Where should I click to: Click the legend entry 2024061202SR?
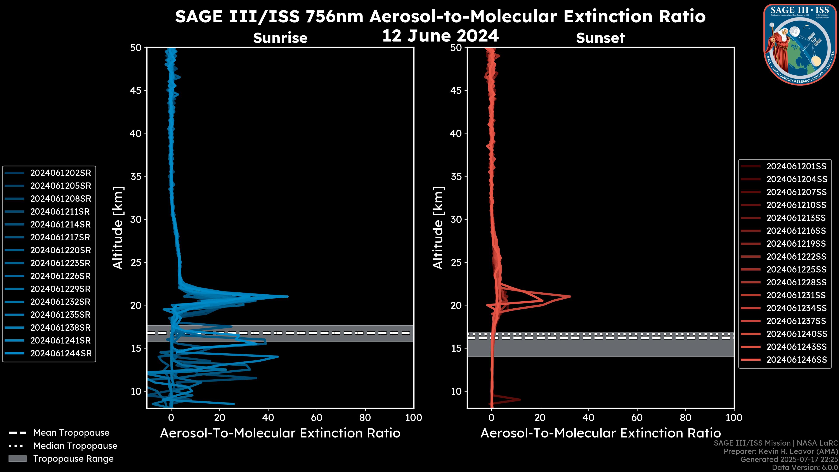pyautogui.click(x=61, y=173)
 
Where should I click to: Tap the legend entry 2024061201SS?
pyautogui.click(x=796, y=167)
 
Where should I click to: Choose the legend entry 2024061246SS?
pyautogui.click(x=796, y=360)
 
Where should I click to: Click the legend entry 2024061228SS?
pyautogui.click(x=796, y=282)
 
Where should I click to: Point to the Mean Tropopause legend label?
pyautogui.click(x=71, y=433)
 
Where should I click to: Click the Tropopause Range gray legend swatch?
pyautogui.click(x=17, y=459)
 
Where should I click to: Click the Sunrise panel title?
pyautogui.click(x=280, y=38)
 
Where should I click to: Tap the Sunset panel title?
pyautogui.click(x=600, y=38)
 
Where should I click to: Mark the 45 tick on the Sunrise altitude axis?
pyautogui.click(x=136, y=90)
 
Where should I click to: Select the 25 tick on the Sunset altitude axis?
pyautogui.click(x=456, y=262)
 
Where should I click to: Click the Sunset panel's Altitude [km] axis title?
pyautogui.click(x=438, y=228)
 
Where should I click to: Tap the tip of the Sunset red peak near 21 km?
pyautogui.click(x=570, y=297)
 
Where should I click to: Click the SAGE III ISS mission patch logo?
pyautogui.click(x=800, y=44)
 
